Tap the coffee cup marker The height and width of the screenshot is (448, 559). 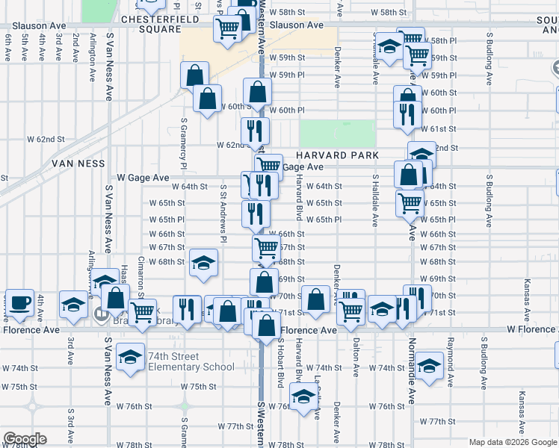tap(22, 302)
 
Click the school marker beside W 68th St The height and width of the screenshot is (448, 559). tap(203, 264)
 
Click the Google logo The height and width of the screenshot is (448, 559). tap(25, 439)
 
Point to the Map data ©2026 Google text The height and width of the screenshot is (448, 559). tap(512, 442)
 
